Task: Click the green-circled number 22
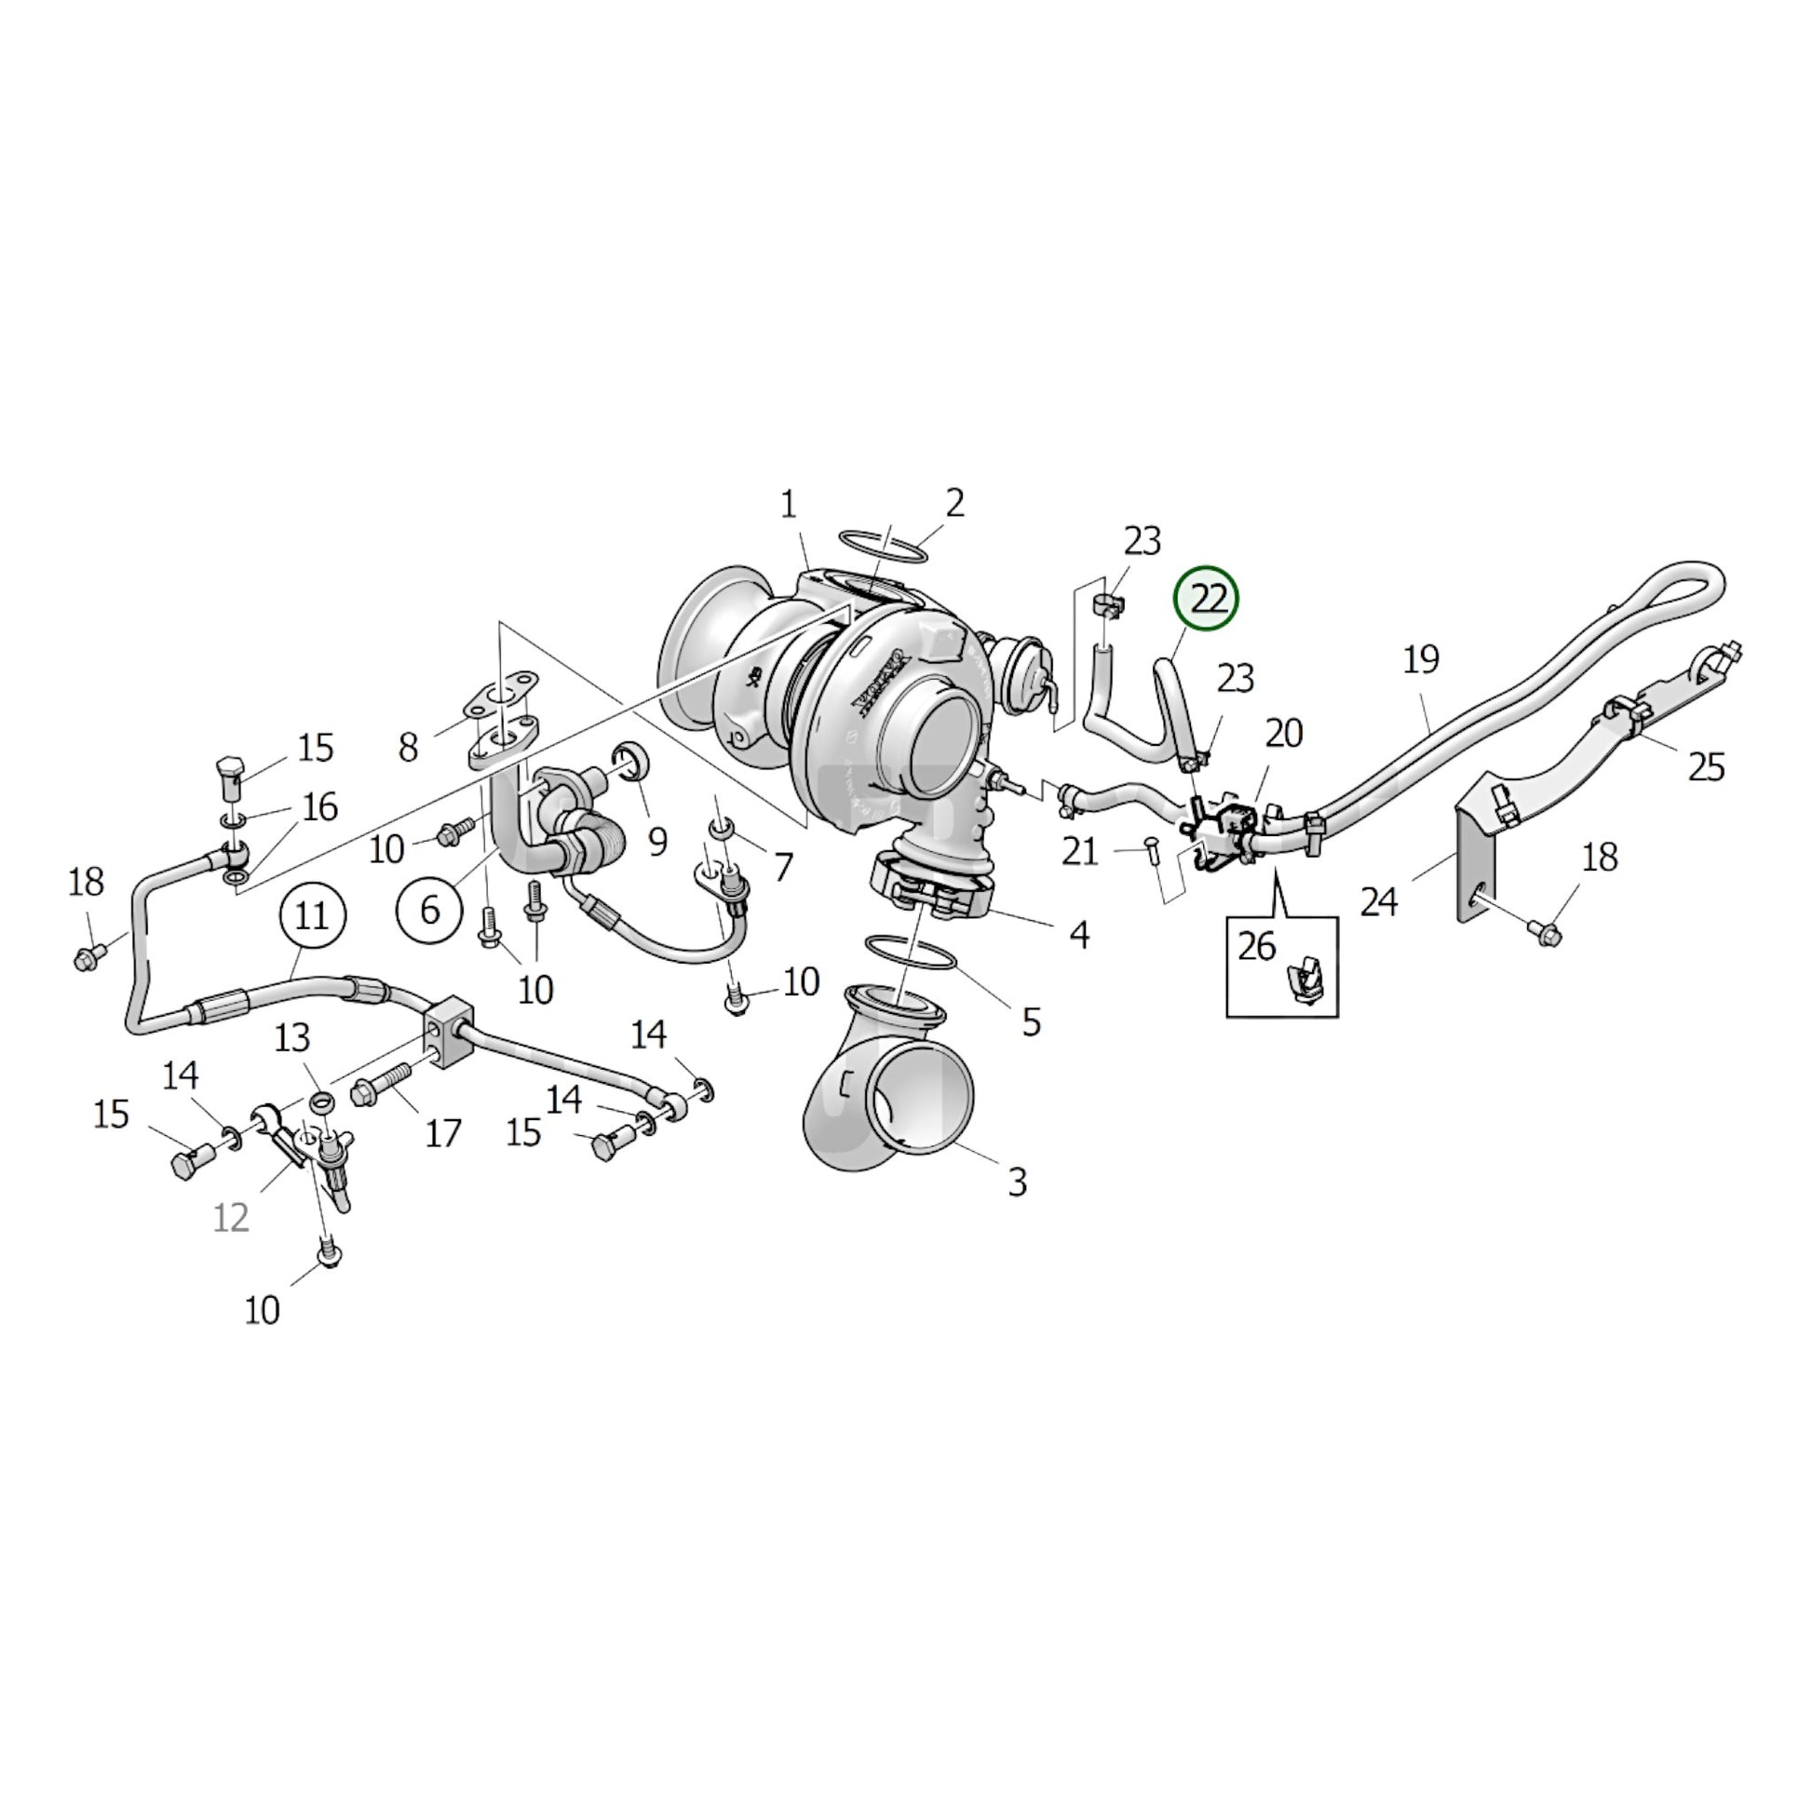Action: tap(1207, 599)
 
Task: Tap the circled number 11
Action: tap(312, 913)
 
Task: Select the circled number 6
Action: tap(429, 909)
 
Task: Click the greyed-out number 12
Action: tap(231, 1218)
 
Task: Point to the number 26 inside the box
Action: tap(1257, 946)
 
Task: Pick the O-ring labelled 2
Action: tap(883, 544)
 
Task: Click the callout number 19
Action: tap(1421, 659)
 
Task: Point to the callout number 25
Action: tap(1706, 767)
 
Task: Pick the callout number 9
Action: tap(657, 842)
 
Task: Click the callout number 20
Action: tap(1284, 733)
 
